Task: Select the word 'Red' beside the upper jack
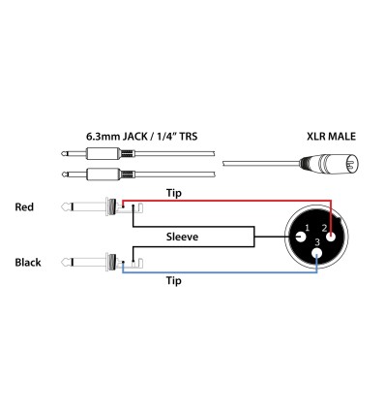pos(26,207)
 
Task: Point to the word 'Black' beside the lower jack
pos(29,263)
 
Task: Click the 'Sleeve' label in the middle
pos(183,237)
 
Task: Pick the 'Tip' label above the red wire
pos(175,192)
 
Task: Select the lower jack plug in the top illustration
pos(97,175)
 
